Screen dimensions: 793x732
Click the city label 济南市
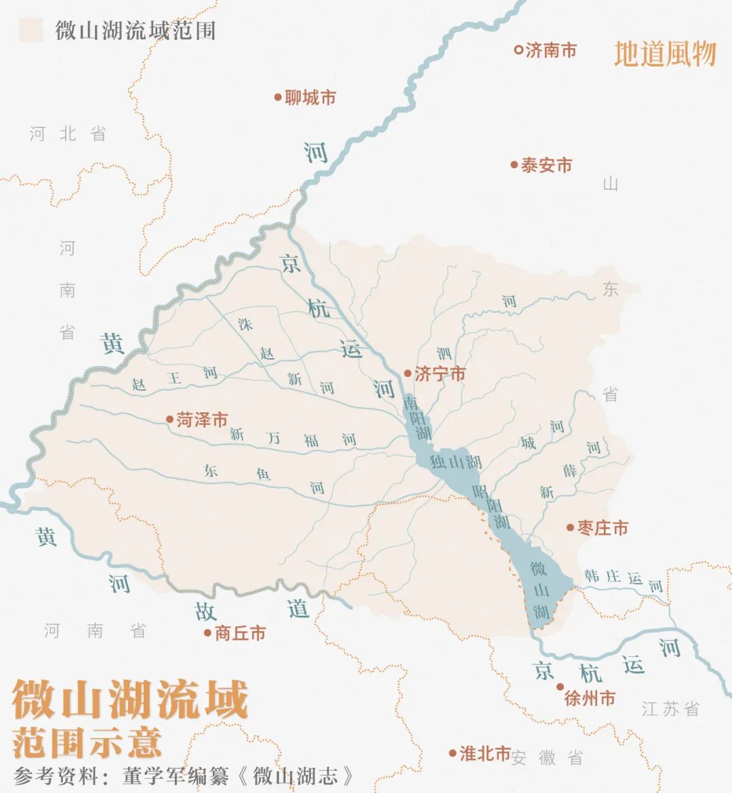tap(551, 50)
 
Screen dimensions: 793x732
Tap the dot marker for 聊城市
tap(278, 98)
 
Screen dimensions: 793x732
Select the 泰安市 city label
tap(546, 165)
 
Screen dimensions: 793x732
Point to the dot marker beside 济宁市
tap(407, 373)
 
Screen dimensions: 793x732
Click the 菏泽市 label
tap(202, 420)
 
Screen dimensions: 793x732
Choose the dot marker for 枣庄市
tap(571, 527)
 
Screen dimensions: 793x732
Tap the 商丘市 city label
tap(240, 634)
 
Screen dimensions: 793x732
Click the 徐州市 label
tap(590, 698)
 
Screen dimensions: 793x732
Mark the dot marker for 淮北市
tap(452, 753)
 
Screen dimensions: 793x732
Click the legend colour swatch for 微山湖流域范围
tap(30, 30)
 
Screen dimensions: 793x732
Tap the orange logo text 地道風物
tap(665, 54)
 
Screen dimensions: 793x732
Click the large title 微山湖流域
tap(130, 701)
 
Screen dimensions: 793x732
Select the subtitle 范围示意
tap(87, 741)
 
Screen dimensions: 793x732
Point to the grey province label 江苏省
tap(670, 710)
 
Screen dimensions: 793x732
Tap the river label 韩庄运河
tap(624, 580)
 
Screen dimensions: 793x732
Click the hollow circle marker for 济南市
tap(518, 49)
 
